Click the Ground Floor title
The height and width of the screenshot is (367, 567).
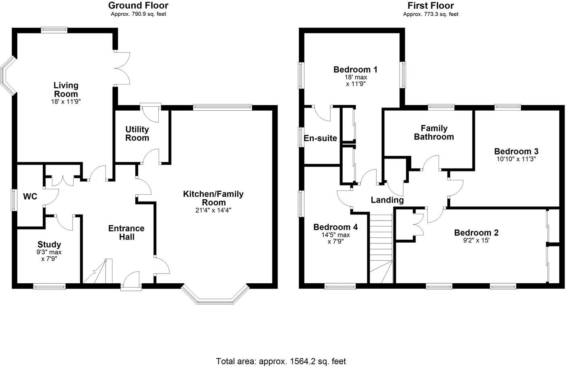pyautogui.click(x=138, y=6)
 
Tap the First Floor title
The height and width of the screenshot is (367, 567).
pyautogui.click(x=430, y=6)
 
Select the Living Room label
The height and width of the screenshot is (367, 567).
pyautogui.click(x=66, y=89)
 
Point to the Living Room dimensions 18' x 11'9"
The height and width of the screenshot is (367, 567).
pyautogui.click(x=66, y=102)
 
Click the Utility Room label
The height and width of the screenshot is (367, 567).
pyautogui.click(x=137, y=134)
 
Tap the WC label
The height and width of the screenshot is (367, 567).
pyautogui.click(x=30, y=196)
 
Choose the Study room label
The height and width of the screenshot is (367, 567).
pyautogui.click(x=49, y=244)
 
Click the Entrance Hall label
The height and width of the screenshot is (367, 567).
pyautogui.click(x=126, y=233)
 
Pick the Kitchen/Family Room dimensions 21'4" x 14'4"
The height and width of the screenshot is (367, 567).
pyautogui.click(x=213, y=210)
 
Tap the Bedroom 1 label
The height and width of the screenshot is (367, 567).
pyautogui.click(x=355, y=70)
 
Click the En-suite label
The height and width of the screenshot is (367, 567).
pyautogui.click(x=320, y=138)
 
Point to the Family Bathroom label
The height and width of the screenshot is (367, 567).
pyautogui.click(x=434, y=132)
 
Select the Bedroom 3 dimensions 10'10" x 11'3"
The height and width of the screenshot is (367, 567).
pyautogui.click(x=516, y=159)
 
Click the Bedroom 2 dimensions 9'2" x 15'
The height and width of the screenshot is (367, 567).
pyautogui.click(x=476, y=240)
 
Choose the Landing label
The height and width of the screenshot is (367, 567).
pyautogui.click(x=387, y=200)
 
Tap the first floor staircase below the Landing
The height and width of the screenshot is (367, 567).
pyautogui.click(x=381, y=247)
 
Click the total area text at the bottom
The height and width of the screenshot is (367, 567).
pyautogui.click(x=281, y=361)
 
